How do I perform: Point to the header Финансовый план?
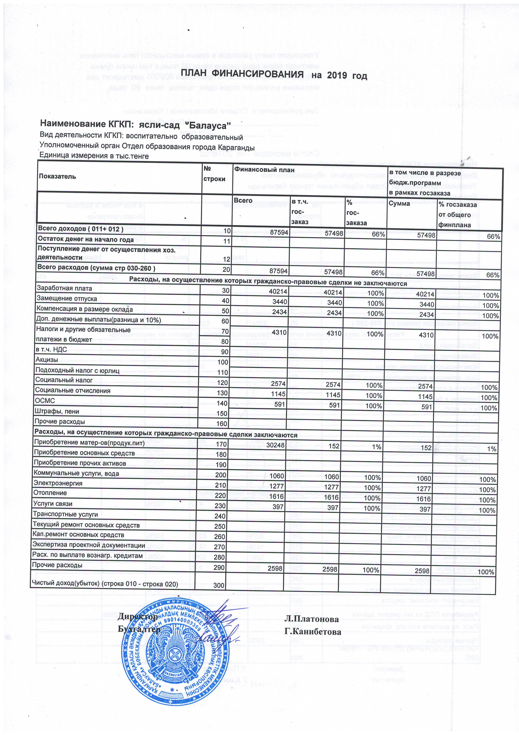[264, 170]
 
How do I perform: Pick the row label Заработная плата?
[64, 288]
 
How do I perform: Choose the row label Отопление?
[50, 493]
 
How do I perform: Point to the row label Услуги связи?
[53, 503]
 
